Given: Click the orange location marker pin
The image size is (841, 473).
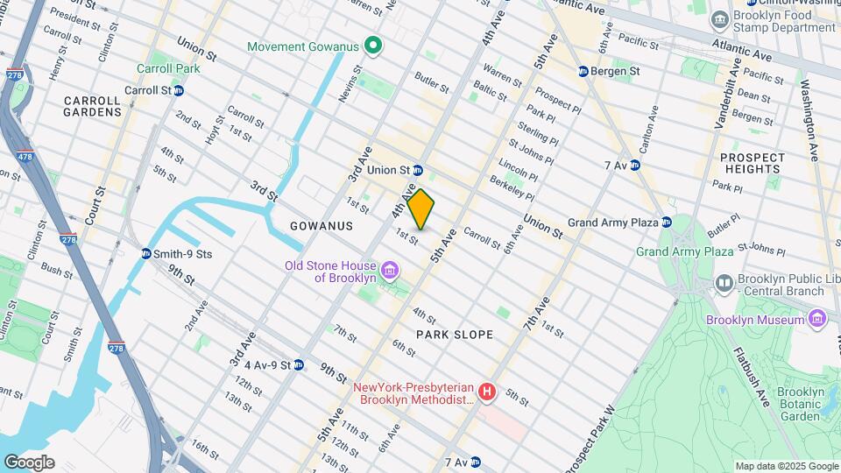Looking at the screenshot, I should tap(420, 209).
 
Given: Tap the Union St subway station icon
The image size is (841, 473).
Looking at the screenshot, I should tap(419, 170).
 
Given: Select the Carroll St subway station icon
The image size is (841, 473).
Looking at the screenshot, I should tap(179, 90).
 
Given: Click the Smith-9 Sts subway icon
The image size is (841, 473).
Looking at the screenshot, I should tap(145, 254).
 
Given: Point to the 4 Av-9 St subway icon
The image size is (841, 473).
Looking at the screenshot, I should tap(298, 364).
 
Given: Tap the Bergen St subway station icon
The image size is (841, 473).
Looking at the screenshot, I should tap(583, 71).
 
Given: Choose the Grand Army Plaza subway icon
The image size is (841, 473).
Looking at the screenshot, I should tap(666, 222).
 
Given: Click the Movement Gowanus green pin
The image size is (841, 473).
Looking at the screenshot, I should tap(372, 46).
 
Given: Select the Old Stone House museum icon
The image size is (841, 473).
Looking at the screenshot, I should tap(385, 266).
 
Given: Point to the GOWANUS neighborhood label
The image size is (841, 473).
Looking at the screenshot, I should tap(321, 226).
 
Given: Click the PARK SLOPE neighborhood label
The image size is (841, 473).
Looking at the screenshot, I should tap(455, 335).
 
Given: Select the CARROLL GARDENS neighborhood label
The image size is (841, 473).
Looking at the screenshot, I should tap(92, 106).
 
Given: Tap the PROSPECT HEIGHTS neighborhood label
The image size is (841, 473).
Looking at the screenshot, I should tap(752, 163).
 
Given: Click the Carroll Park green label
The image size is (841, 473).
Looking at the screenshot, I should tap(168, 68).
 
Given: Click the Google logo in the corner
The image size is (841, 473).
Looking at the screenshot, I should tap(29, 462).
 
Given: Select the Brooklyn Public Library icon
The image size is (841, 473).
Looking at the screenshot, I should tap(724, 283).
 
